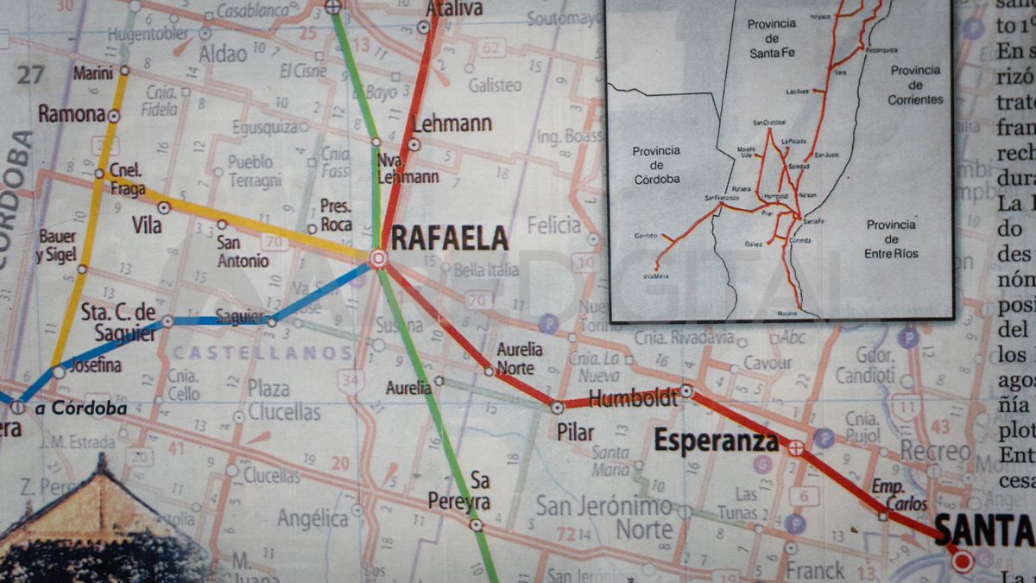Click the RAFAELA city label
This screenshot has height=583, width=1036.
click(449, 238)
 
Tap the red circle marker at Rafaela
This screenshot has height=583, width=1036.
click(378, 257)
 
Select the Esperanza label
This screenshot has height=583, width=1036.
click(716, 441)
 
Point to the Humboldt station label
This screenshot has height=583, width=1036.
click(633, 399)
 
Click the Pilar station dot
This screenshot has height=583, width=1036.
click(558, 407)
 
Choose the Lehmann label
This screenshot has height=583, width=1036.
click(452, 124)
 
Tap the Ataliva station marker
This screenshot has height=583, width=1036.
click(424, 28)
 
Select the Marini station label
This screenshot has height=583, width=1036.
click(93, 73)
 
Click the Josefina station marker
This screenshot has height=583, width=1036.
click(59, 372)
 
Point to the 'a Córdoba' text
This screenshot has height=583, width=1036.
click(81, 409)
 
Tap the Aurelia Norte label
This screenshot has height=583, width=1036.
click(520, 358)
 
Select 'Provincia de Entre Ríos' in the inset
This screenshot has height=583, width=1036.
click(891, 239)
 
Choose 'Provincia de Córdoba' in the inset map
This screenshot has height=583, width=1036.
click(656, 165)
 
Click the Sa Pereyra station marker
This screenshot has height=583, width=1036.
click(475, 523)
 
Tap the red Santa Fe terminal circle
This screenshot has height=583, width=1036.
click(963, 562)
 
